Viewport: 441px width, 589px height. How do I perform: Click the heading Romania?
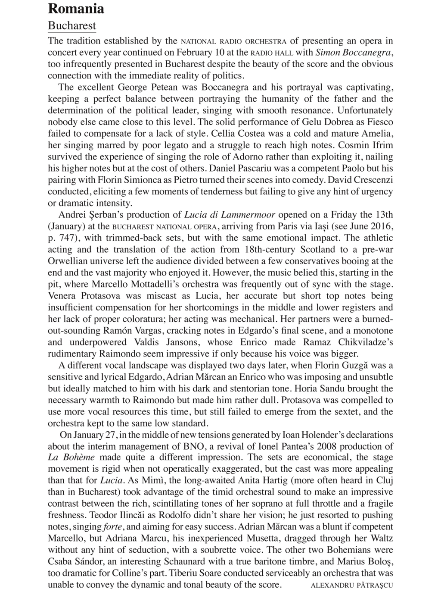[76, 9]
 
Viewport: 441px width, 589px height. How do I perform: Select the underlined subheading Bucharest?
[72, 25]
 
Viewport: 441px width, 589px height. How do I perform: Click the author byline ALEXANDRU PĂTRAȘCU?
[351, 585]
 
